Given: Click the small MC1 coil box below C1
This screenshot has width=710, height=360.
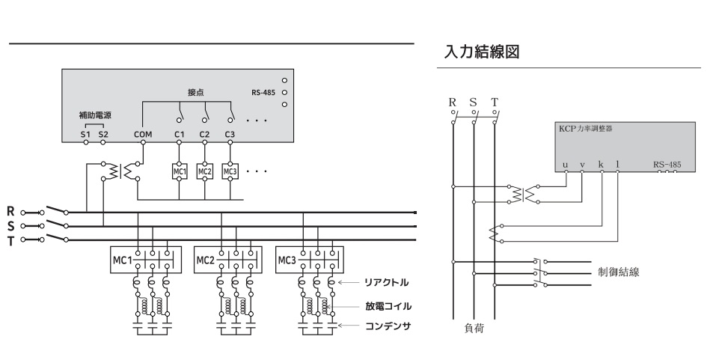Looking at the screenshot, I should tap(180, 171).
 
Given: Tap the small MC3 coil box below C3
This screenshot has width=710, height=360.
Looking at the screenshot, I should tap(230, 171).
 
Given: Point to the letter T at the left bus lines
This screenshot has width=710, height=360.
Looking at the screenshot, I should tap(10, 240).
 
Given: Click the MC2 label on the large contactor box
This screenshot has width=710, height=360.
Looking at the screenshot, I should tap(206, 260).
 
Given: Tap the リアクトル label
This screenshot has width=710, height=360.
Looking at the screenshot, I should tap(385, 282).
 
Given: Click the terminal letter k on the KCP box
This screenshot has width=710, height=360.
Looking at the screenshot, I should tap(601, 162).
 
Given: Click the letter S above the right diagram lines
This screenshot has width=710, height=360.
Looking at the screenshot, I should tap(473, 102).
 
